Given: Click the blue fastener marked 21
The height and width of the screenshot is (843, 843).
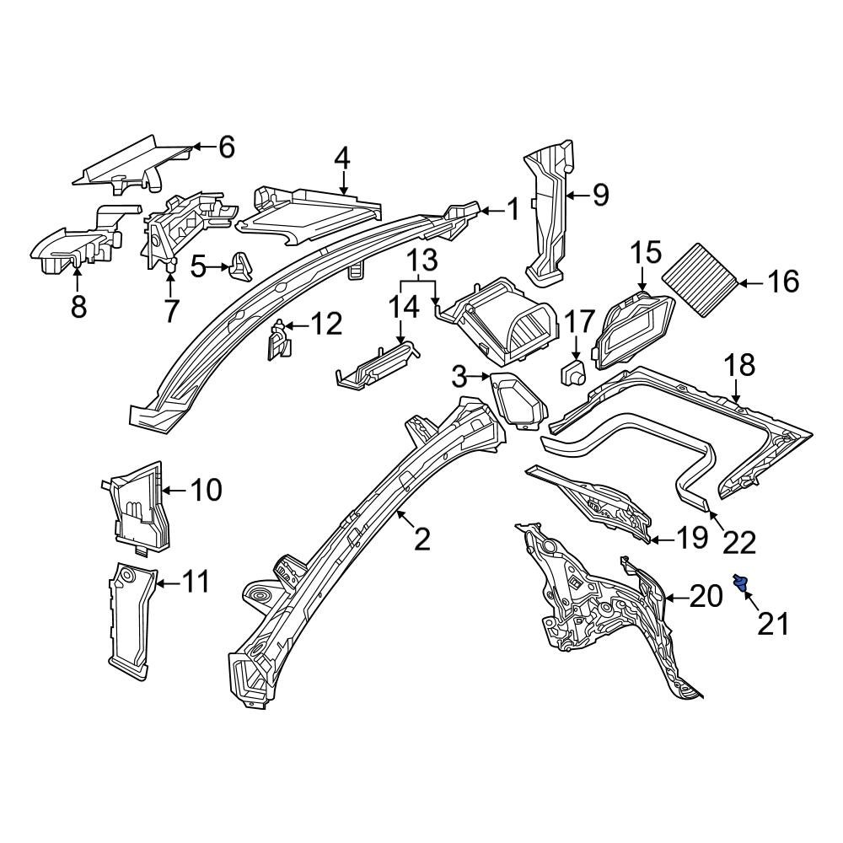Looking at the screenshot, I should pos(742,583).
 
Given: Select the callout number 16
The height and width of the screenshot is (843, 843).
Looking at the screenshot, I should pos(783,282).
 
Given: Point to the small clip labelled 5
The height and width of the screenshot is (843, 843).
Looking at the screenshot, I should pos(243,266).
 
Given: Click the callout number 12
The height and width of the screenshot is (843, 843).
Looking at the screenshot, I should pos(327,324).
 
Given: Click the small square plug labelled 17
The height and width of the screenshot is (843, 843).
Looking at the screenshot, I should pos(575,372).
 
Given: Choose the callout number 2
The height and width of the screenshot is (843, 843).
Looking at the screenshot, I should pos(421,538).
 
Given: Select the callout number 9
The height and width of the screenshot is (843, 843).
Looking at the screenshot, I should pos(599,196).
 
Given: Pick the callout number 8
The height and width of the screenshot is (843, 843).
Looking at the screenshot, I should pos(78,307).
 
